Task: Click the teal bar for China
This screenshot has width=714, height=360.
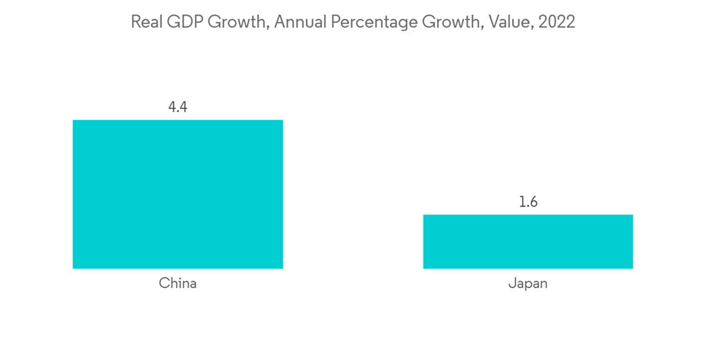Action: (178, 194)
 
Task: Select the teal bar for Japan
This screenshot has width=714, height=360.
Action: (528, 241)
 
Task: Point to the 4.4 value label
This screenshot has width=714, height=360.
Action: (178, 107)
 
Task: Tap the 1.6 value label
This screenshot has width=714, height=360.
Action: (528, 202)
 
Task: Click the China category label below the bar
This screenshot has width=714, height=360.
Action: (178, 284)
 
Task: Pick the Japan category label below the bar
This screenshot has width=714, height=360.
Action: (528, 284)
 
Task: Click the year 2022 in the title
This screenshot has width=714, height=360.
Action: (557, 22)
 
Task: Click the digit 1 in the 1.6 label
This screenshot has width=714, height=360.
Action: (521, 202)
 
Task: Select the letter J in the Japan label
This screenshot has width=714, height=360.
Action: (511, 284)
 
